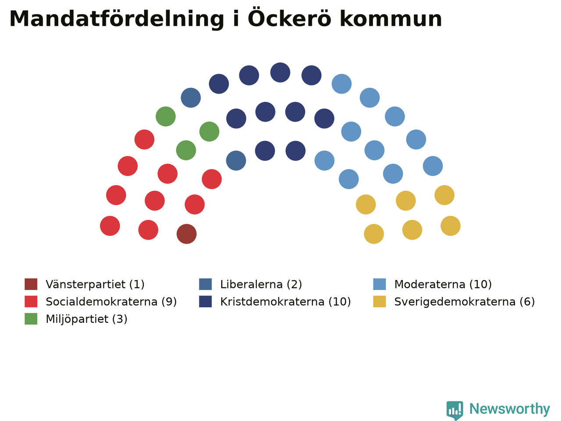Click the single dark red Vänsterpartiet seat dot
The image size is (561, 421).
click(187, 234)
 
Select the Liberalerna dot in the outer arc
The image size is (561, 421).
click(191, 98)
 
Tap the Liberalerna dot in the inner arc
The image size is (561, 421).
click(236, 161)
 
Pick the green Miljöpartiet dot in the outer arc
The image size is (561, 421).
click(166, 116)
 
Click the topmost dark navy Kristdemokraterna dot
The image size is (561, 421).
click(280, 72)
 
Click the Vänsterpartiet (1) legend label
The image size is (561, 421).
click(95, 284)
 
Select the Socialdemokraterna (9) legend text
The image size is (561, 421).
click(111, 302)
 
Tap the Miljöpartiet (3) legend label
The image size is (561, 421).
click(86, 319)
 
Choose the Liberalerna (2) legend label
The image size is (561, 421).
click(261, 284)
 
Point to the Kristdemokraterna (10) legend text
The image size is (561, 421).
click(285, 302)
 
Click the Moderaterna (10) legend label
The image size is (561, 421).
click(443, 284)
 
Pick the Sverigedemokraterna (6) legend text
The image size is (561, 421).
click(465, 302)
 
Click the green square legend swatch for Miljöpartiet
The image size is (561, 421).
click(31, 319)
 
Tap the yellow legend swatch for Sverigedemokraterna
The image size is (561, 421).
click(379, 301)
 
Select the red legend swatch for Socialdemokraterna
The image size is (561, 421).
click(31, 301)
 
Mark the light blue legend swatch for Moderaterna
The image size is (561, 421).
click(379, 284)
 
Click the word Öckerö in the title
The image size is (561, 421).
click(290, 18)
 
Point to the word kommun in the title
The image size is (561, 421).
click(391, 19)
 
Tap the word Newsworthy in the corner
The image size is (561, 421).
click(510, 410)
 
